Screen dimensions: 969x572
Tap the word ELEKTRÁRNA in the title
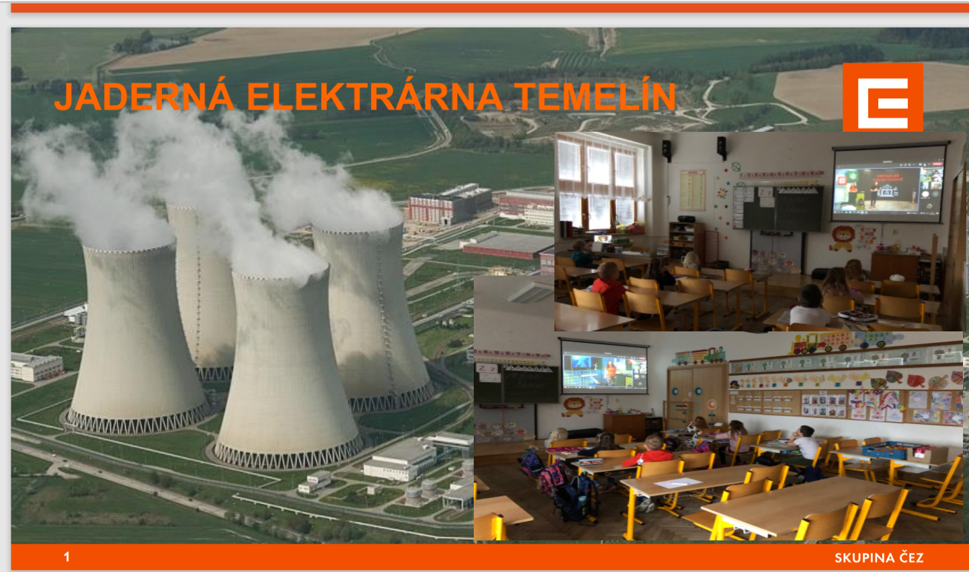click(374, 96)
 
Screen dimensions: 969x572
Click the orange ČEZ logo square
click(882, 97)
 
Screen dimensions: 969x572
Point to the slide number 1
click(67, 557)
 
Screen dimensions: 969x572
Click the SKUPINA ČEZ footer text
click(879, 558)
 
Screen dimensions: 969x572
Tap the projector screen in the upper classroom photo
click(889, 184)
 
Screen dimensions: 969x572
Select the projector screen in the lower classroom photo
click(604, 368)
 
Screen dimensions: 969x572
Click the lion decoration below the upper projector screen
click(842, 239)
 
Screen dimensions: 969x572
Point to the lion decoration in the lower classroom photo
click(574, 407)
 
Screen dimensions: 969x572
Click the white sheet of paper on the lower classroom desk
click(677, 483)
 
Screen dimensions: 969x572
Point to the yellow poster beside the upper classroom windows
click(693, 190)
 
